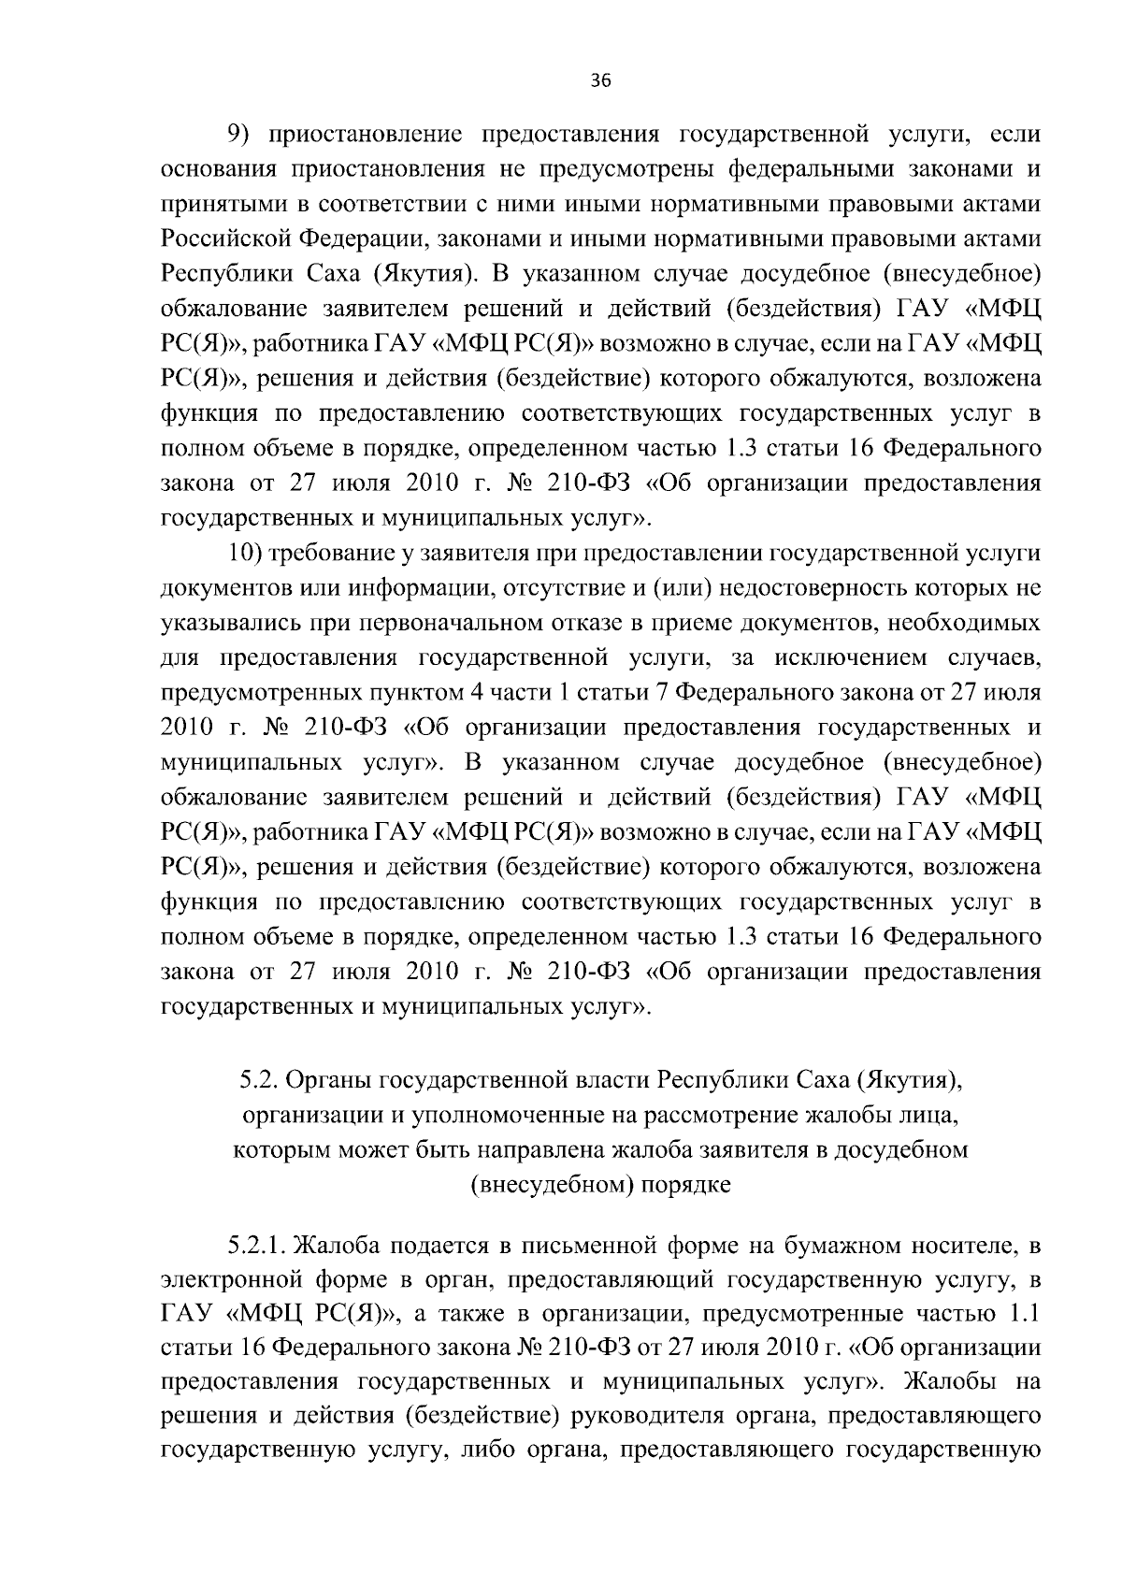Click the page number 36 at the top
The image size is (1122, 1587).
click(x=600, y=80)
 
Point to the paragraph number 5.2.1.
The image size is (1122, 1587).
click(x=257, y=1247)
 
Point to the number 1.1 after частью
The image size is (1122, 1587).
click(x=1026, y=1316)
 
